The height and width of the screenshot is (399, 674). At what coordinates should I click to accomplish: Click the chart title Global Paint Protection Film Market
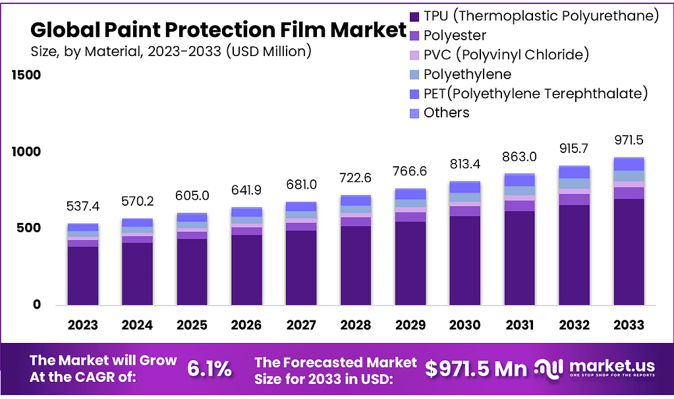coord(218,30)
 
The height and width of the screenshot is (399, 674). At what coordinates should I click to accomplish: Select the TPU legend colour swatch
coord(414,16)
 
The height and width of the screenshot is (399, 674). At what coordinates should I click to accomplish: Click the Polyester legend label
coord(455,35)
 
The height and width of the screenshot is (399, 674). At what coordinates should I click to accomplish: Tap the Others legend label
coord(446,112)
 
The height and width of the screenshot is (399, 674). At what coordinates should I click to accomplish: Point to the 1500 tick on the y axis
coord(27,75)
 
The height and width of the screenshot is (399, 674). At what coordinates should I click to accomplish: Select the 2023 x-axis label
coord(82,324)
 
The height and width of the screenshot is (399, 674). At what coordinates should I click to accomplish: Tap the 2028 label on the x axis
coord(355,324)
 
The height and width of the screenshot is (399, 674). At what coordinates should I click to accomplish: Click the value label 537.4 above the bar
coord(82,207)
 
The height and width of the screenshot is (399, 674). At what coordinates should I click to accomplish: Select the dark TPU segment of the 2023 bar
coord(82,276)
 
